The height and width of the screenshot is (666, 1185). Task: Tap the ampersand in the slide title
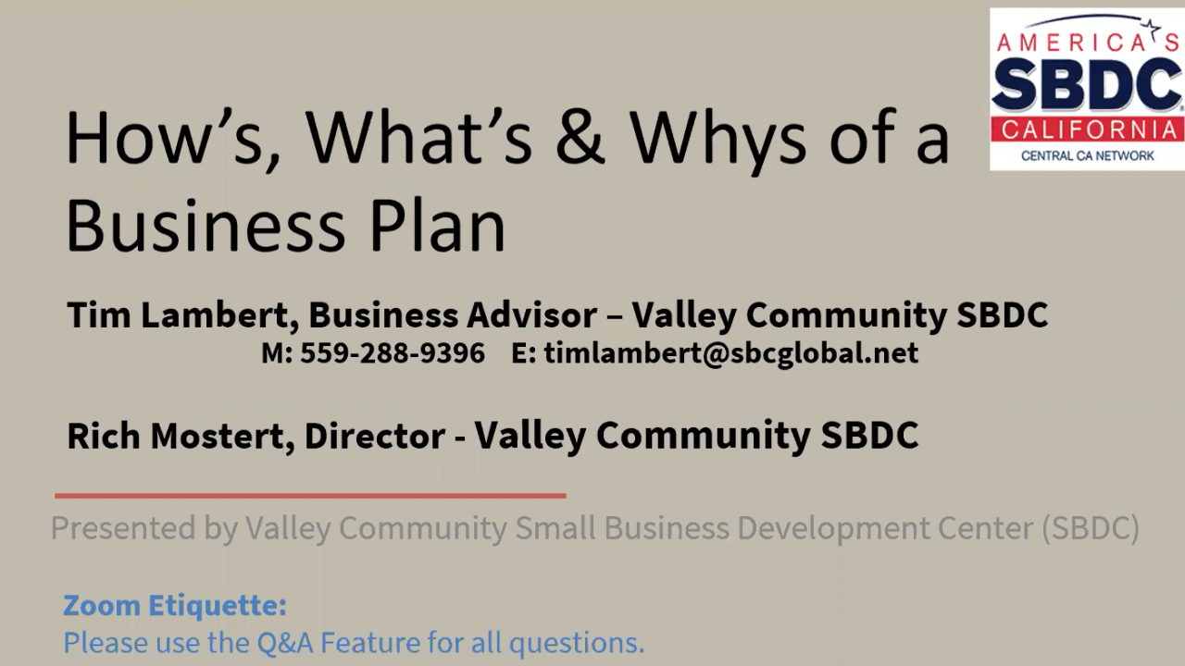[580, 138]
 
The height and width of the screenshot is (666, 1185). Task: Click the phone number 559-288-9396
[392, 353]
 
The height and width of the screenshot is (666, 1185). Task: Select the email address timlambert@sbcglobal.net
[730, 353]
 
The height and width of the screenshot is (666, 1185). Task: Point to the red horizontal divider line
[310, 496]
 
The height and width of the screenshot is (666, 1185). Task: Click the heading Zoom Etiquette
[175, 606]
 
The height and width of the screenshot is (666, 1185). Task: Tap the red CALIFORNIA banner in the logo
[1087, 129]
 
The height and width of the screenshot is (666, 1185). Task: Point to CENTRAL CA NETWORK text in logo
[1087, 155]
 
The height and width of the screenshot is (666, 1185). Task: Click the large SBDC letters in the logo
[1087, 86]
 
